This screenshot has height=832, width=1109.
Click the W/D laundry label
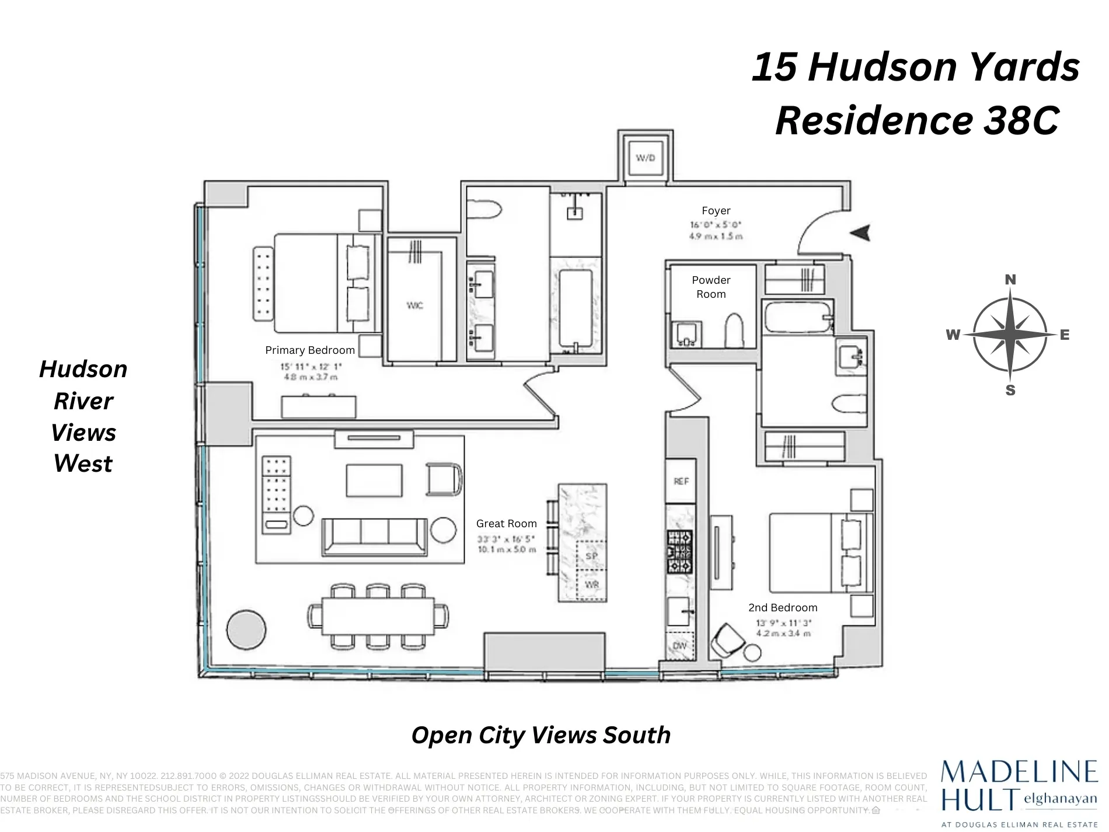point(645,158)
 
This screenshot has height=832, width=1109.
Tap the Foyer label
point(716,211)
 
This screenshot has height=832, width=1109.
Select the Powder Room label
point(711,287)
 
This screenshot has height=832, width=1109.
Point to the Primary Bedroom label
point(310,350)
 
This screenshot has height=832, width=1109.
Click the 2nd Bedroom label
point(783,608)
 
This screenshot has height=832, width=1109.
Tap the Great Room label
point(506,524)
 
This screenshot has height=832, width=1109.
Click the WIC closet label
point(414,305)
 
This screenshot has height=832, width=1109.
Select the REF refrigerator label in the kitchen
point(681,481)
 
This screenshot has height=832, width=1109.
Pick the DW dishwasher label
point(680,646)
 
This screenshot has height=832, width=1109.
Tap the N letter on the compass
point(1010,280)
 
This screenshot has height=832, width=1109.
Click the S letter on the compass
point(1010,391)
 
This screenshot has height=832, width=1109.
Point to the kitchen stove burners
point(680,551)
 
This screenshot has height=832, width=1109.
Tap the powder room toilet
point(734,330)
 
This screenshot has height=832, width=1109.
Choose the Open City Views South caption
point(541,735)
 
